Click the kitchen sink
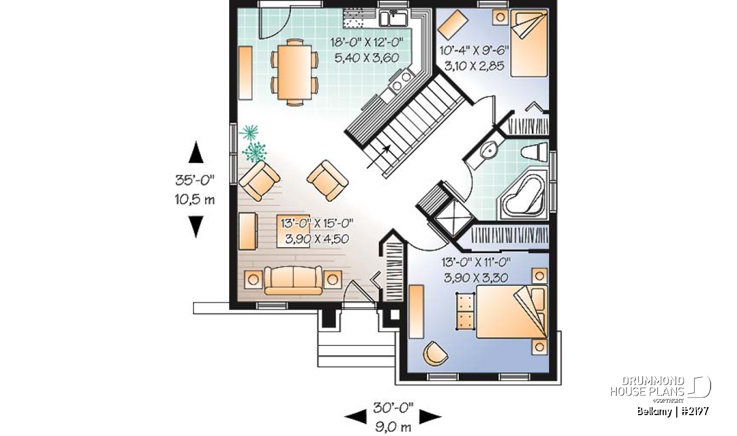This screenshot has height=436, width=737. tap(393, 18)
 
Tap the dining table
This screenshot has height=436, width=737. tap(294, 72)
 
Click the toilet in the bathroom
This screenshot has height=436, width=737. tap(534, 152)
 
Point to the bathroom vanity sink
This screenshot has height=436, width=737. tap(489, 152)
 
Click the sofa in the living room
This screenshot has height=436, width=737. tap(293, 280)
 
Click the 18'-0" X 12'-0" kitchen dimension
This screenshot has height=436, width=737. tap(367, 42)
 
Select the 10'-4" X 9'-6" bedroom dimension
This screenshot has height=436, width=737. tap(474, 51)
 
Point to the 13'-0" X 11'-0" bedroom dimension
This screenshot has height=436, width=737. tap(476, 262)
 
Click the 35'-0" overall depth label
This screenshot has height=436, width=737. tap(195, 180)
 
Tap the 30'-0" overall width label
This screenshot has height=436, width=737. tap(393, 408)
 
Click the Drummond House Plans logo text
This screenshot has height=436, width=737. tap(647, 386)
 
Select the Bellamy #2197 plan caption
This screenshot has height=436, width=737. tap(673, 411)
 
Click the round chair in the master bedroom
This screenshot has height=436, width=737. tap(435, 353)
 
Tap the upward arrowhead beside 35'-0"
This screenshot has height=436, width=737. tap(196, 152)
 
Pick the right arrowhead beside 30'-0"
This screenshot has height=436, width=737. tap(430, 417)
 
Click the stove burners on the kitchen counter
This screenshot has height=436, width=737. tap(402, 81)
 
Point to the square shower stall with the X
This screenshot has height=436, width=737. tap(453, 217)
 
